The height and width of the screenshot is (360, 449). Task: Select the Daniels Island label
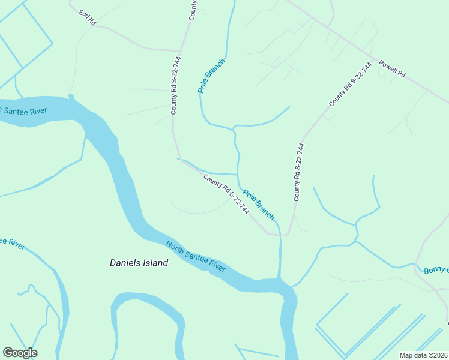tap(139, 263)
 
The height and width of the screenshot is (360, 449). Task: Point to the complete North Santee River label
tap(195, 256)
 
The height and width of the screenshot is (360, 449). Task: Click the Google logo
tap(20, 353)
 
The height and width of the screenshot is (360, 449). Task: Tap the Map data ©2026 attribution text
tap(423, 355)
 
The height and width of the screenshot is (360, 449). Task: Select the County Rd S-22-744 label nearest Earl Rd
tap(175, 86)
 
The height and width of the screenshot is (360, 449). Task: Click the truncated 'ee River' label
tap(12, 242)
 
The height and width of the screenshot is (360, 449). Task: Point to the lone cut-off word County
tap(193, 10)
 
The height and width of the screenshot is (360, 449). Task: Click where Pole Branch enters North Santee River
tap(279, 279)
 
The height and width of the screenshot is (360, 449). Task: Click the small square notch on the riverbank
tap(71, 96)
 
